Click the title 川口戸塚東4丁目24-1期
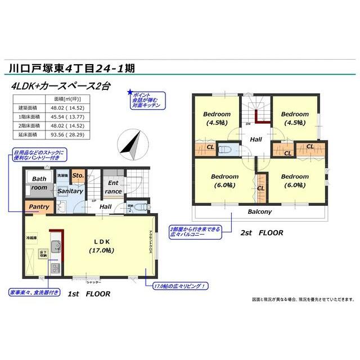tap(71, 69)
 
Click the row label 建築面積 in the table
tap(28, 107)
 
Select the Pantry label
tap(38, 207)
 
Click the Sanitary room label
tap(71, 191)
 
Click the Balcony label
tap(260, 212)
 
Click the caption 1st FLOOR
tap(88, 294)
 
